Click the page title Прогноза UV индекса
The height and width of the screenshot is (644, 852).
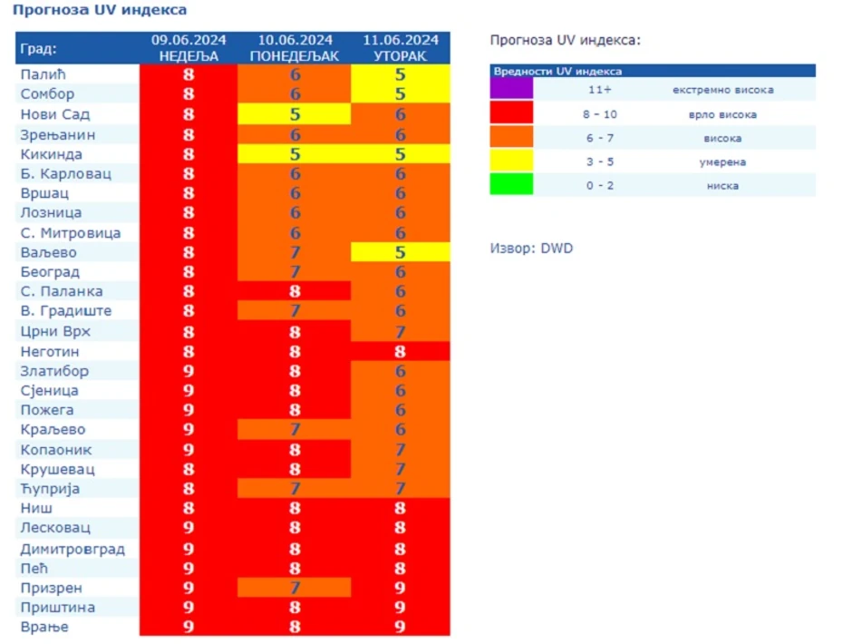pos(100,11)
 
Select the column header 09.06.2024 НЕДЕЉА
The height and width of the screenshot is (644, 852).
pos(189,48)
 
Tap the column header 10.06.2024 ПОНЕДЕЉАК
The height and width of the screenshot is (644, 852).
pos(295,48)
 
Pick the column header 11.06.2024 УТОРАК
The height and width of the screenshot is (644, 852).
pos(401,48)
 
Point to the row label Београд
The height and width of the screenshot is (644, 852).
pos(50,272)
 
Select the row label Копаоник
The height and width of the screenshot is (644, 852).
pos(56,450)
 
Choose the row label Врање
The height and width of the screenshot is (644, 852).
pos(44,627)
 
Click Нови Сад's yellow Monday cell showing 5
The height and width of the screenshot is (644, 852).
pos(295,114)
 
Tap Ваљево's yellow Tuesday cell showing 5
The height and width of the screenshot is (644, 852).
pos(401,252)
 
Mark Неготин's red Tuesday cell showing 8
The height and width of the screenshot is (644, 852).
pos(401,351)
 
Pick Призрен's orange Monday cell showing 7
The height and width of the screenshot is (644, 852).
pos(295,588)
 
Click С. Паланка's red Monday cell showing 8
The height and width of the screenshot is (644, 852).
pos(295,291)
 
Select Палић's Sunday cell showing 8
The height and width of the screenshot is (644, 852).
pos(189,74)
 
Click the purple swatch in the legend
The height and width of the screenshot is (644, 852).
pos(511,89)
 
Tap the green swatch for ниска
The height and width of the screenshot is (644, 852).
pos(511,185)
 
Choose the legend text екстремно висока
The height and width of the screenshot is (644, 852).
pos(723,90)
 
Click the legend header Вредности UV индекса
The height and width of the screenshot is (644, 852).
pos(557,70)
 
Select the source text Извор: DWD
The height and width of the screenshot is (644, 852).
pos(531,249)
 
